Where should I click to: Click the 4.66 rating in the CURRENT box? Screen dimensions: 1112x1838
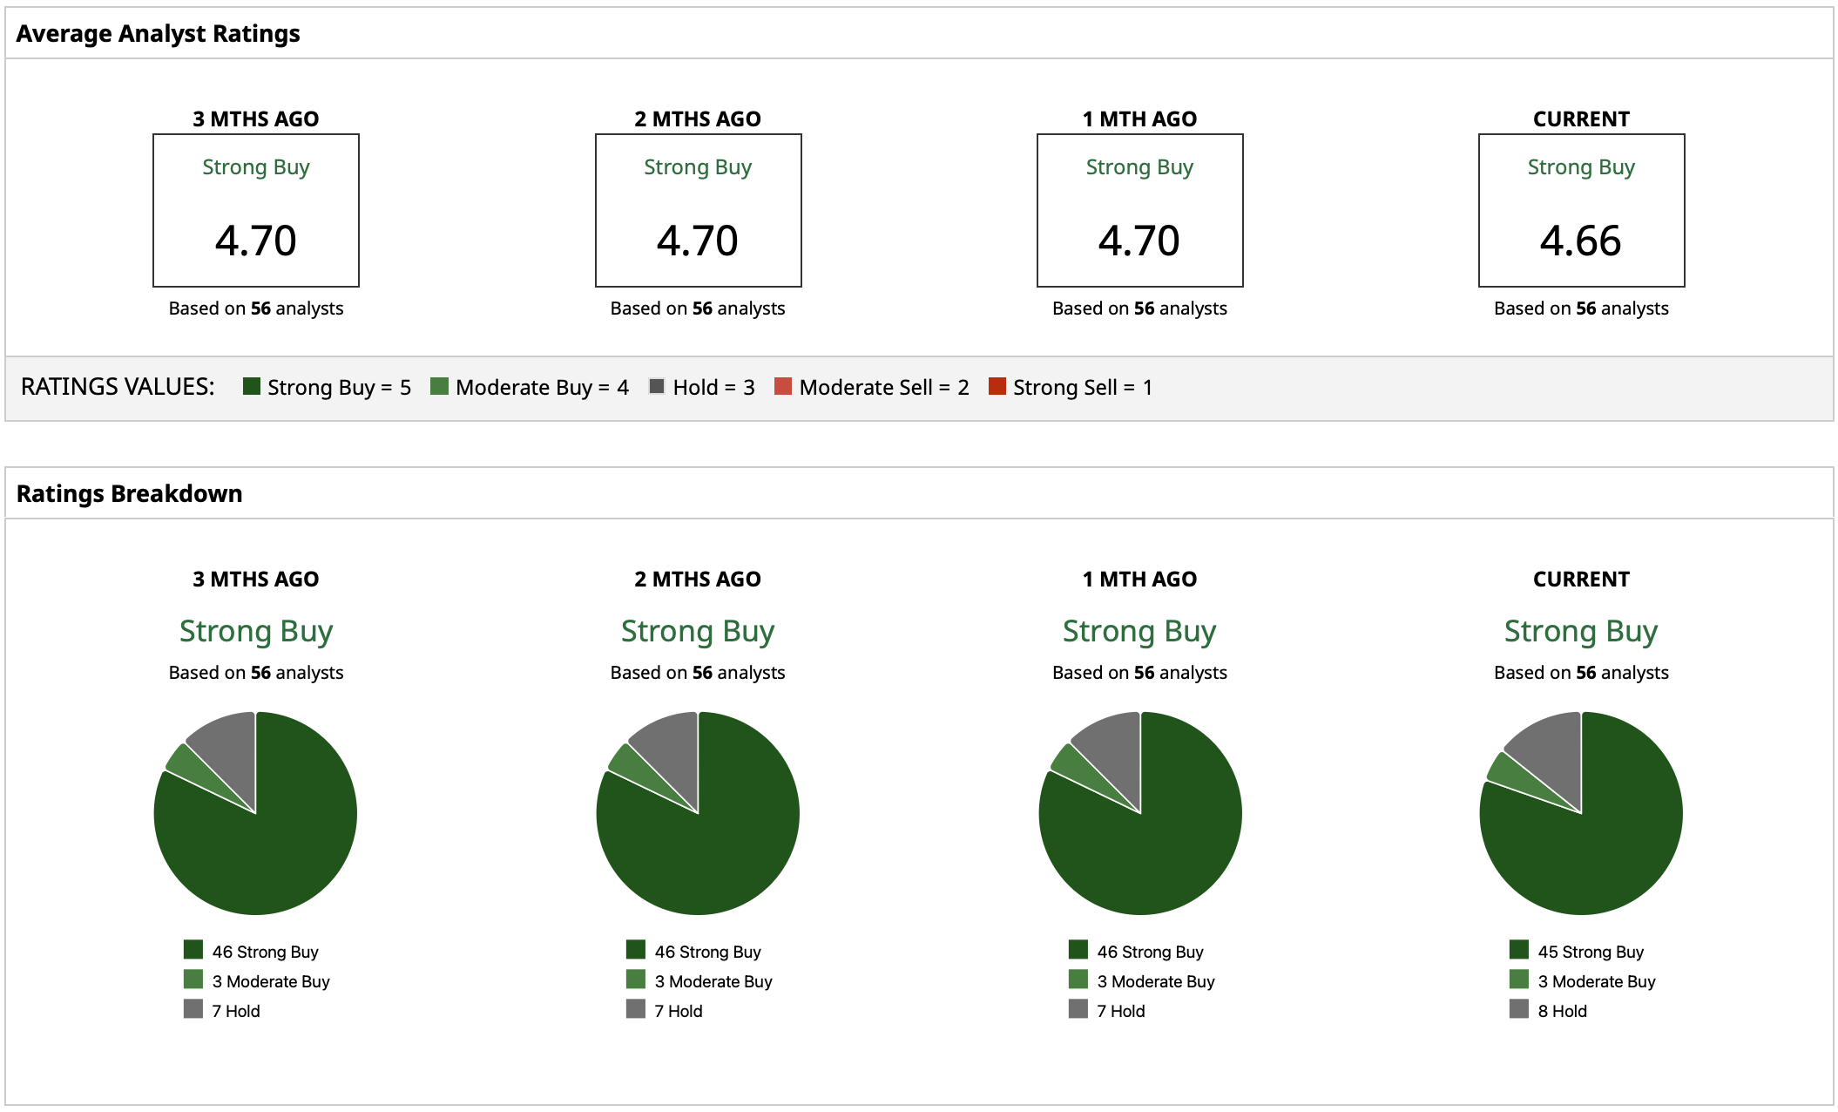click(x=1580, y=241)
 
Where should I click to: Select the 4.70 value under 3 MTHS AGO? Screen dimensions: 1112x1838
click(x=255, y=241)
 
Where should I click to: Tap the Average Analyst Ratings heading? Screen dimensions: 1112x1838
click(x=158, y=34)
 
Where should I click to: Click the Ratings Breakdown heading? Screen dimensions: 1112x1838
click(x=129, y=494)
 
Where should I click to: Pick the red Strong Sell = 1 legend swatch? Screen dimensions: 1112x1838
click(x=997, y=386)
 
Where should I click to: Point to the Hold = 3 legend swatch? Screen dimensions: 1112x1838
click(x=657, y=386)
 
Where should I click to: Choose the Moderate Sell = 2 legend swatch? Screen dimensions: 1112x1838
click(x=783, y=386)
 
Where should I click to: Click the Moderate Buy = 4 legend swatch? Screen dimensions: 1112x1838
click(x=439, y=386)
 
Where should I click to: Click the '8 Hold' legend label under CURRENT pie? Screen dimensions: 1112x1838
click(x=1562, y=1011)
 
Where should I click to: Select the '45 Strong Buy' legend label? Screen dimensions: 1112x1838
click(x=1591, y=952)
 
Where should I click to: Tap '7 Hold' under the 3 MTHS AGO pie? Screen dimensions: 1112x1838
click(x=236, y=1011)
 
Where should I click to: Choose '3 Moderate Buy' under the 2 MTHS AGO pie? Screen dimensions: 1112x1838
click(x=713, y=981)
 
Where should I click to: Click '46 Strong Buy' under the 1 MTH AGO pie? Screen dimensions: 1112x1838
click(x=1150, y=952)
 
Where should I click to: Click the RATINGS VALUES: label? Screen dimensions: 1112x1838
click(x=118, y=387)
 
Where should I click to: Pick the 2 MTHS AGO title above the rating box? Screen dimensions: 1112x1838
click(x=698, y=119)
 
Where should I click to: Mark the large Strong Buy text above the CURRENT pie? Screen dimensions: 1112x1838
click(x=1580, y=631)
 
